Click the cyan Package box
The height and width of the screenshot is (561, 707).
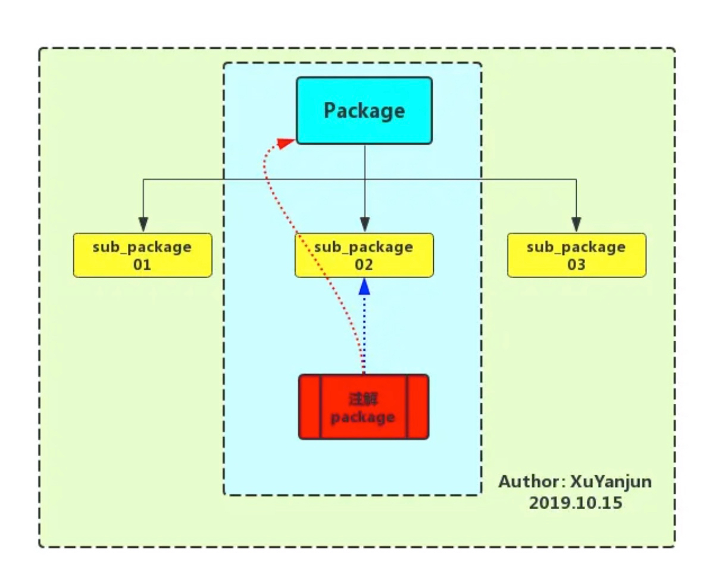[364, 110]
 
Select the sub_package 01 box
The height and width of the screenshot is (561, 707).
[142, 255]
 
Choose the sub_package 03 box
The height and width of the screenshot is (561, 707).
[576, 255]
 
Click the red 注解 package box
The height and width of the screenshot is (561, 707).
[363, 407]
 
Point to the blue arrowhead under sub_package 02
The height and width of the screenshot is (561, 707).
[365, 287]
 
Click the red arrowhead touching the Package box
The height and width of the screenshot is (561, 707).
[287, 142]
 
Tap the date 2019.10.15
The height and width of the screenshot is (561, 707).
[575, 503]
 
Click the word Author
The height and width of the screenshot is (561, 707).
[527, 481]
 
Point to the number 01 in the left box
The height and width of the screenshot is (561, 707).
[142, 264]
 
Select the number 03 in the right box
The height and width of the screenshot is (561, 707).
[576, 264]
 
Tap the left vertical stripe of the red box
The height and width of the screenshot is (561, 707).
[310, 407]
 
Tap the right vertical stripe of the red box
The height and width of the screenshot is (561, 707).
[417, 407]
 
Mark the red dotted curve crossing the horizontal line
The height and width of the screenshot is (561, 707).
[266, 179]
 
